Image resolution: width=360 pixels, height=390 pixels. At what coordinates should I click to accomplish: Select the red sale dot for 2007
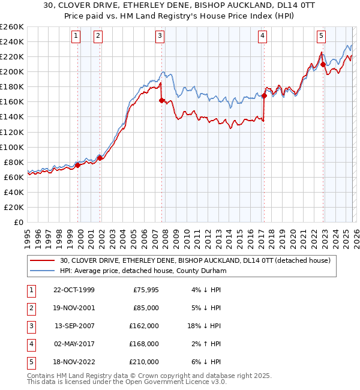[x=161, y=100]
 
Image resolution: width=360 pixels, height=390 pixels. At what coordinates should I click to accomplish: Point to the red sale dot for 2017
[x=264, y=95]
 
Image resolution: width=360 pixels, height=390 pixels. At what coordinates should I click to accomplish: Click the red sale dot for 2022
[x=323, y=64]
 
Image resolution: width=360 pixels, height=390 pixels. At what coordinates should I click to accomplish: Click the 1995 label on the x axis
[x=28, y=234]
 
